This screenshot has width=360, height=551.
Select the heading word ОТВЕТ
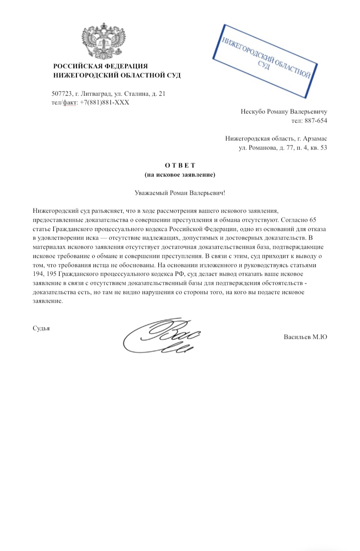pos(180,165)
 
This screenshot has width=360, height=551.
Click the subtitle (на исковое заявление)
pos(180,175)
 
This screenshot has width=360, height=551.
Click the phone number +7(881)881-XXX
pos(104,102)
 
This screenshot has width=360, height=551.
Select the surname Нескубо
pos(253,112)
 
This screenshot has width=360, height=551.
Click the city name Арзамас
pos(314,139)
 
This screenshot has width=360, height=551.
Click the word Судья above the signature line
pos(41,328)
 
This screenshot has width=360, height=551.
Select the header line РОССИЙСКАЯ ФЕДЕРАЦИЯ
pos(100,66)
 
